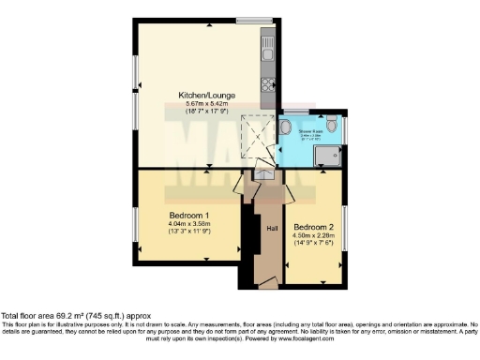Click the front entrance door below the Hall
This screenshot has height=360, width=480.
[268, 282]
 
